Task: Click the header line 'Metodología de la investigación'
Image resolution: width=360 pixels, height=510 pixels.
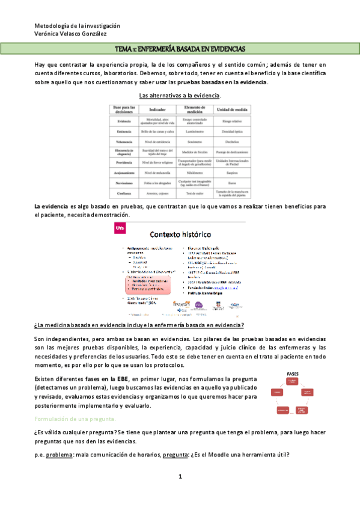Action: pyautogui.click(x=78, y=26)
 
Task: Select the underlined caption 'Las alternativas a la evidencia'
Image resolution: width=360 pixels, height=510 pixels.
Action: pyautogui.click(x=180, y=96)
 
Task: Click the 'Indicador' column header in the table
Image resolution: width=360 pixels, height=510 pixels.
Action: pyautogui.click(x=157, y=109)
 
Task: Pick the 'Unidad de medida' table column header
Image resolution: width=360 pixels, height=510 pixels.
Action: pyautogui.click(x=231, y=109)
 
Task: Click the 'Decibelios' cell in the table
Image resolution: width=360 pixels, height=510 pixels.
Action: pyautogui.click(x=231, y=141)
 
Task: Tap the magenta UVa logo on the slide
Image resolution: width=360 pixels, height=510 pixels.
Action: pyautogui.click(x=119, y=228)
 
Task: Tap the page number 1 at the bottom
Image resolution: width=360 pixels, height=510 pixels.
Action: pyautogui.click(x=180, y=476)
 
